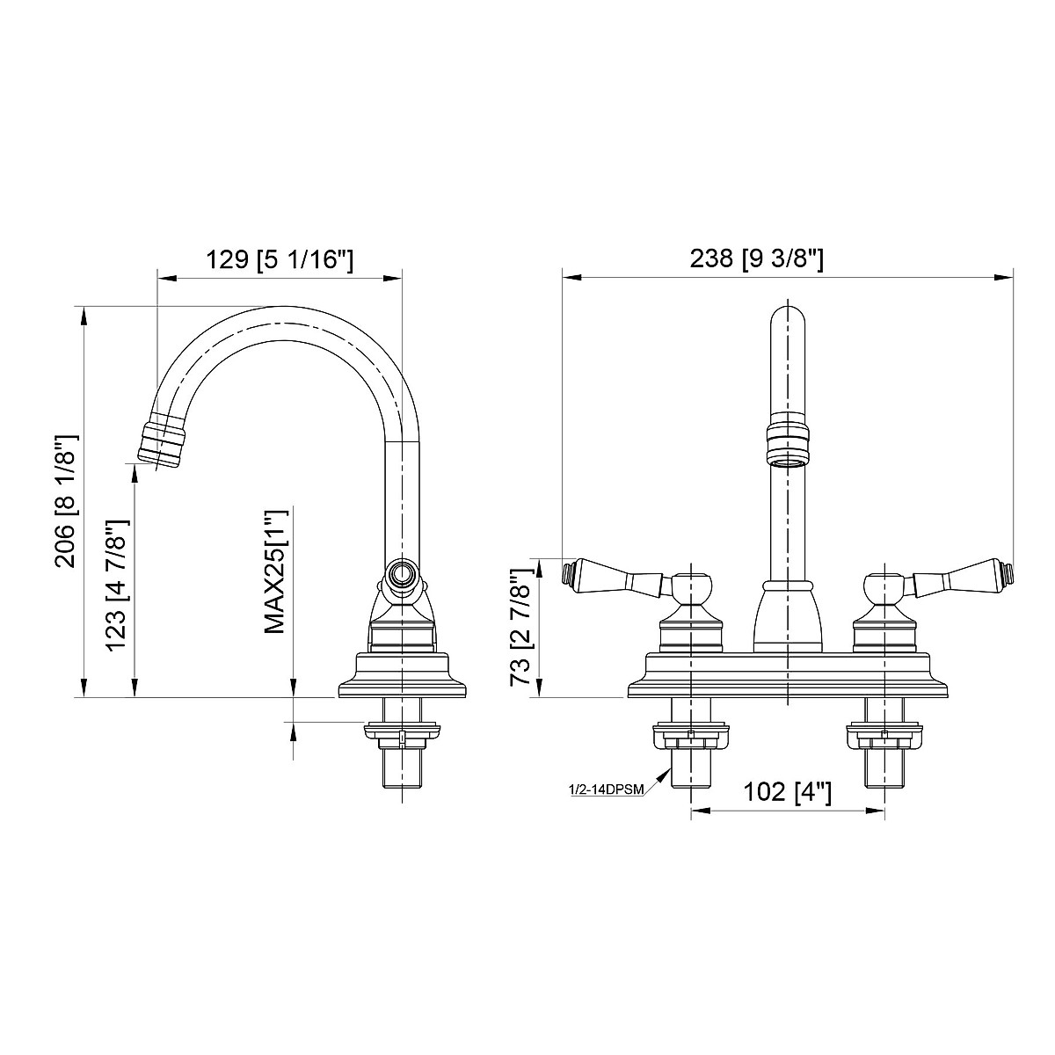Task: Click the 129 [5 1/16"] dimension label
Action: (279, 260)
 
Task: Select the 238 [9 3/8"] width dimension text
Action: (756, 258)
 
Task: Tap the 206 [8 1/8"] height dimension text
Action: (68, 499)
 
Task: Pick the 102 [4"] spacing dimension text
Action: (787, 792)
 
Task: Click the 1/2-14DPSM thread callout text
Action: (606, 789)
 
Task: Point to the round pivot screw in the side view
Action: (403, 576)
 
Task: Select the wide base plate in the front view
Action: (787, 675)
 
